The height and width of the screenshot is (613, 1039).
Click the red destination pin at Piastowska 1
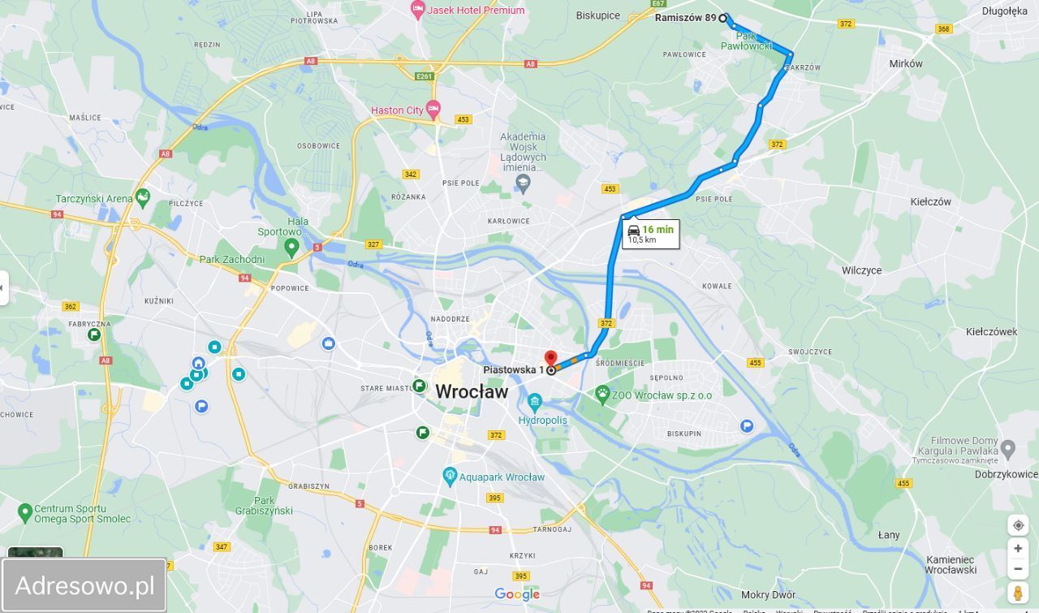coord(550,359)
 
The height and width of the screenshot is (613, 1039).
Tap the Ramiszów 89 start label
coord(686,17)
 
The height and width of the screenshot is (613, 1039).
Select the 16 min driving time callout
coord(650,234)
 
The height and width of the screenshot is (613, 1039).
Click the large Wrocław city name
coord(472,392)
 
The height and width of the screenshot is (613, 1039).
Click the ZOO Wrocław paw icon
coord(602,395)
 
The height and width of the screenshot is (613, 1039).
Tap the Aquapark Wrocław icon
coord(450,477)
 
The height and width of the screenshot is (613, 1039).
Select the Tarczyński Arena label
coord(93,198)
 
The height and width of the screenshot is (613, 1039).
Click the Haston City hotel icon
coord(433,109)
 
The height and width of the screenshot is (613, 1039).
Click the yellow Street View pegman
coord(1018,593)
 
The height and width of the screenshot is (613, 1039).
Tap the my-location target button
coord(1018,525)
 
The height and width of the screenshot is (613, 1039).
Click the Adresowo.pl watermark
coord(84,585)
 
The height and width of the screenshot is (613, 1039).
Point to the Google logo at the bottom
coord(517,594)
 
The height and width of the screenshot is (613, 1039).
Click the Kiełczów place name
coord(930,201)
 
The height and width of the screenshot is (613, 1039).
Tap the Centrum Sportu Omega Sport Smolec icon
coord(25,512)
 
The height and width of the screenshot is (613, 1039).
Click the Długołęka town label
coord(1004,11)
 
